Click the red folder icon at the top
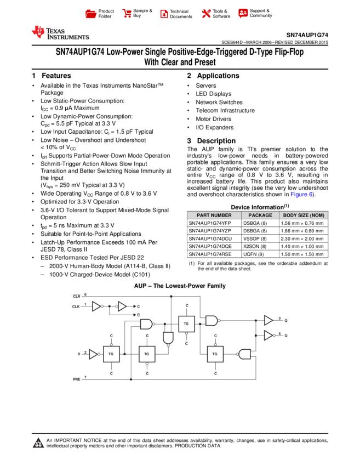91,14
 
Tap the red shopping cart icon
127,14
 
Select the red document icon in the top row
164,14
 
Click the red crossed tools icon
206,14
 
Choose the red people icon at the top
243,13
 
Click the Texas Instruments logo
60,33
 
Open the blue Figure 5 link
301,195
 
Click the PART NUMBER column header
214,215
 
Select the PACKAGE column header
260,215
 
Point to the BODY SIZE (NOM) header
304,215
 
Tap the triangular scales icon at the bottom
38,443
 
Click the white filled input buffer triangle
93,354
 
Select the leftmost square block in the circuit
111,354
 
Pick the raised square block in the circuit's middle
186,324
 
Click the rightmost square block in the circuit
215,354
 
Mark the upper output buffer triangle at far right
268,320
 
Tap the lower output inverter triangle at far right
268,335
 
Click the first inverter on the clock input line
96,306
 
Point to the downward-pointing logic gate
168,337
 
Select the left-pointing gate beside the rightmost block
244,354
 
